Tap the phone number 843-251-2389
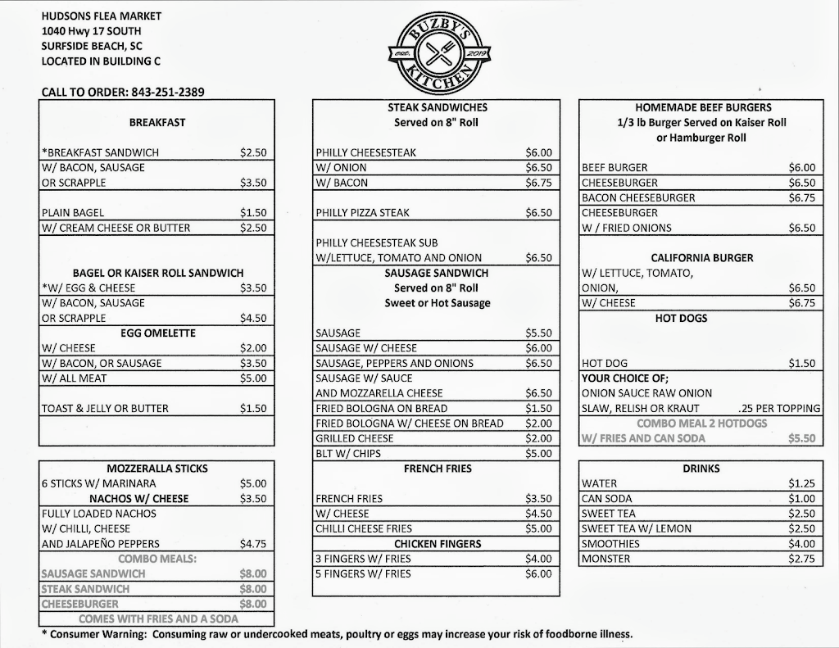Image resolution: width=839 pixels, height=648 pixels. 167,92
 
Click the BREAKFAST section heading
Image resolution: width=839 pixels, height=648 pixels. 157,122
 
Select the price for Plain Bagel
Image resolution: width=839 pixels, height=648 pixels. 253,213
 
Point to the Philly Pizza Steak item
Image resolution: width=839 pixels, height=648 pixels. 363,213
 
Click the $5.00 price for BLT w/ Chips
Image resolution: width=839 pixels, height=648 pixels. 538,453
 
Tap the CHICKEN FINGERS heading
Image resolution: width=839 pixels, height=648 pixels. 438,544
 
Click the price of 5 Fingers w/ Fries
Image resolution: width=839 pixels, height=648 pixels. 538,573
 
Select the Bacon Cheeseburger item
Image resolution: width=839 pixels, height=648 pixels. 638,198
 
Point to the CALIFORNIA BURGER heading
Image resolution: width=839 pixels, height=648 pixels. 702,258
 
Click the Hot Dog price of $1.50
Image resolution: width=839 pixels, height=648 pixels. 802,363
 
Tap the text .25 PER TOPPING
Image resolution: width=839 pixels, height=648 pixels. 778,409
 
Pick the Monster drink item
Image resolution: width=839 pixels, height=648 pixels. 605,559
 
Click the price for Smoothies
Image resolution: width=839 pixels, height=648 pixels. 802,544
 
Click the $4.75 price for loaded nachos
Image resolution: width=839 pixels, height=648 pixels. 253,544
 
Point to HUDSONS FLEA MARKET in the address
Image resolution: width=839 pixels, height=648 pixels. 102,16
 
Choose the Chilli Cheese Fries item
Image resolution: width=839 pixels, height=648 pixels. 364,528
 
